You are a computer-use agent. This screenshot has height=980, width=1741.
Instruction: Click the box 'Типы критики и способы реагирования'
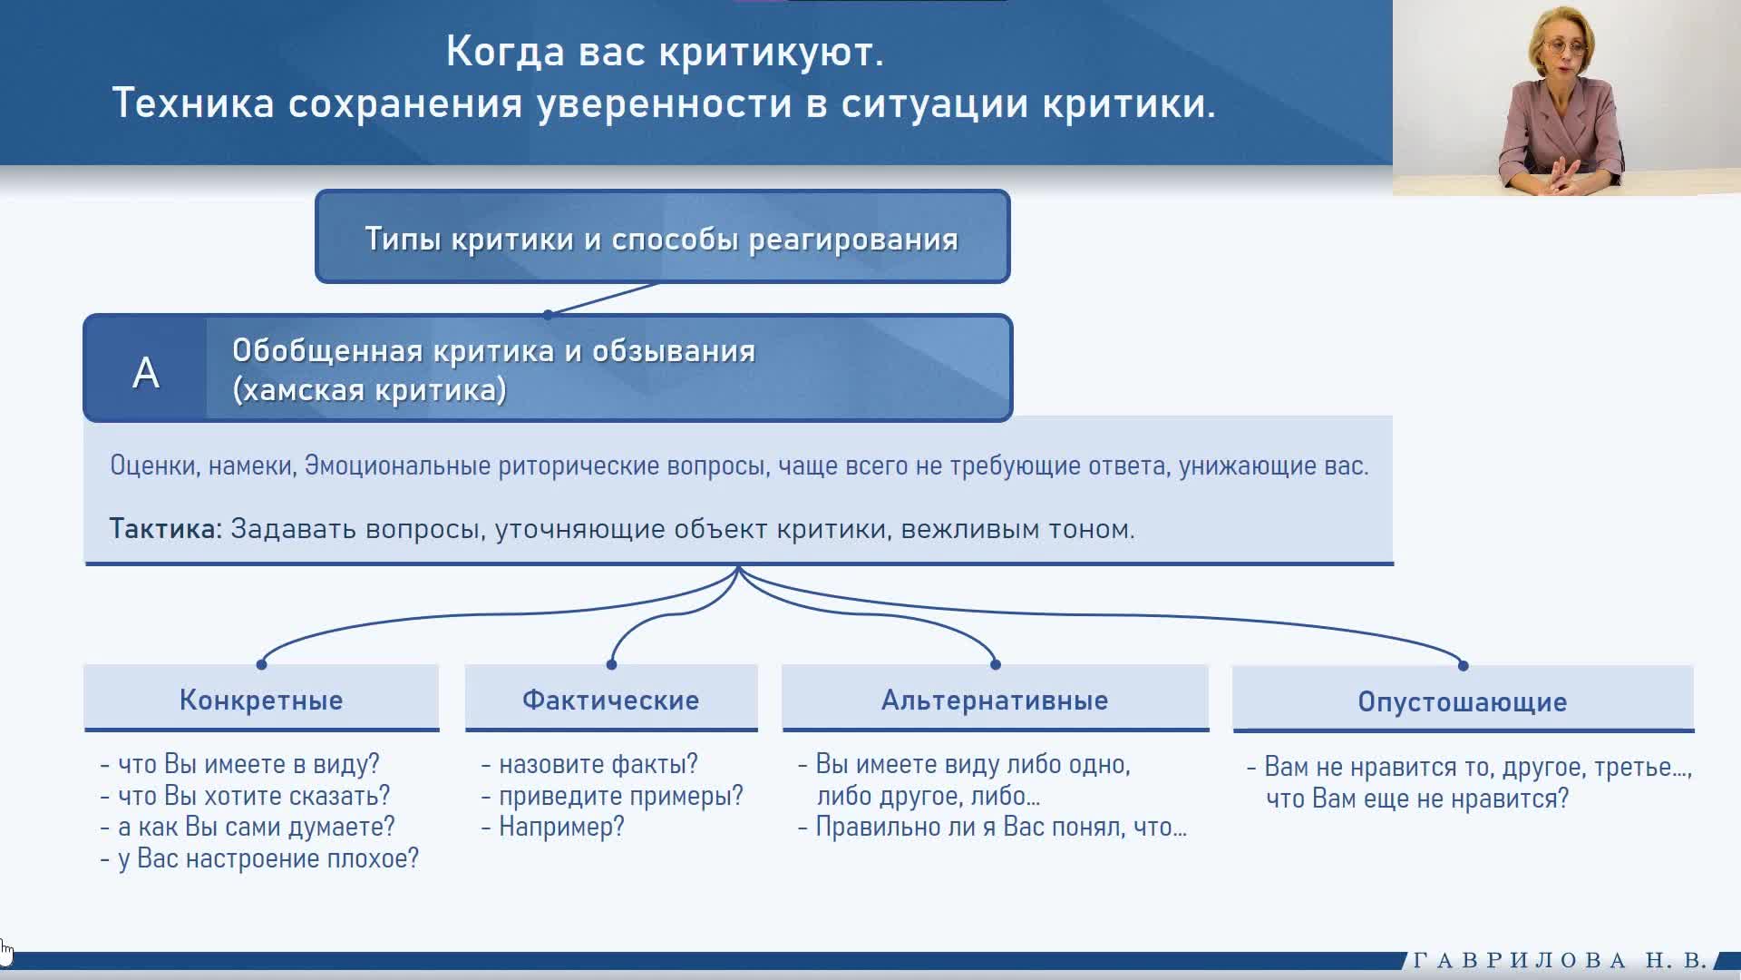(x=662, y=237)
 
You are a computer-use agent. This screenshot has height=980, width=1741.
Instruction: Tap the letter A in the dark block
(x=146, y=372)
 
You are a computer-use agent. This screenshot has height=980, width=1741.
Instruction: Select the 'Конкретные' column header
(x=261, y=700)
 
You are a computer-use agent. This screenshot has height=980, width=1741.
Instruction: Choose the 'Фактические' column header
(x=611, y=700)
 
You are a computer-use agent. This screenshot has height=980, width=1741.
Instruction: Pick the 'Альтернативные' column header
(x=995, y=700)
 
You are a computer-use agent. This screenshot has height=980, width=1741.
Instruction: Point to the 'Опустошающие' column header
(x=1463, y=701)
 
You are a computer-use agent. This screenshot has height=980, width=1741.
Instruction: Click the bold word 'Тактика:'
(x=166, y=529)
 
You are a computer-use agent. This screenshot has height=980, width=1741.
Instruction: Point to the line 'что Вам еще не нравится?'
(x=1417, y=799)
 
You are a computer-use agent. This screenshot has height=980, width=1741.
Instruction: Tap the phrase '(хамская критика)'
(x=369, y=390)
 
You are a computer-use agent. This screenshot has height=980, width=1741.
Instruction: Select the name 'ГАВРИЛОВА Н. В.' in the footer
(x=1561, y=960)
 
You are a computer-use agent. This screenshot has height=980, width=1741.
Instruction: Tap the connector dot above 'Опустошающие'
(x=1463, y=665)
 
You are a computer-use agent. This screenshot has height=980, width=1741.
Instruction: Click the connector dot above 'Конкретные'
(x=261, y=664)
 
